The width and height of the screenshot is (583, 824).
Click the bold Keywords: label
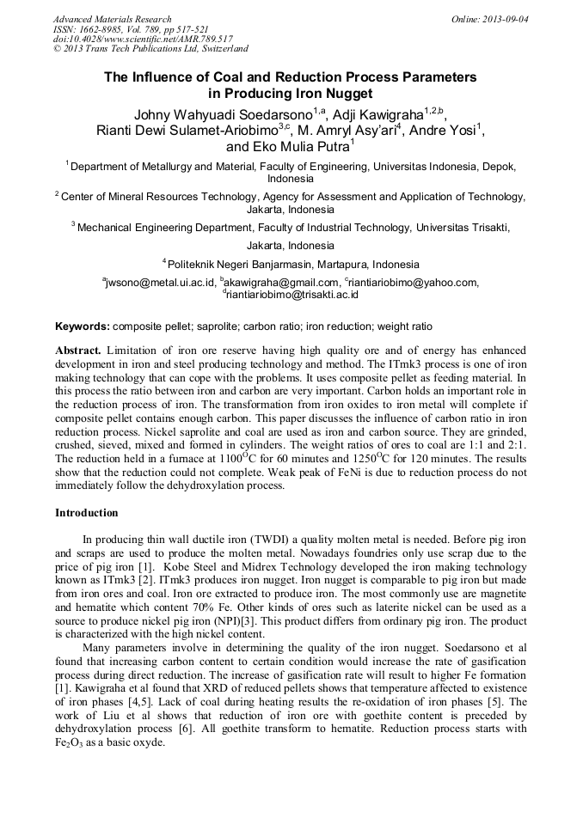coord(82,327)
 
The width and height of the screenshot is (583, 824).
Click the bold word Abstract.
coord(78,351)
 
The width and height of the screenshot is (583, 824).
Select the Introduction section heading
coord(87,513)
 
